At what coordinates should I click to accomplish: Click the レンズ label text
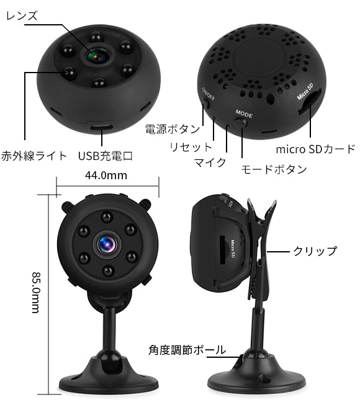point(22,16)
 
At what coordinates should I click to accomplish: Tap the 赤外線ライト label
point(34,156)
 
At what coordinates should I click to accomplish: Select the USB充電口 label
point(106,156)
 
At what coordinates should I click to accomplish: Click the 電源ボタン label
point(173,129)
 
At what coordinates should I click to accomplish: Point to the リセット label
point(191,147)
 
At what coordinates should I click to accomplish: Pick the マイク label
point(210,162)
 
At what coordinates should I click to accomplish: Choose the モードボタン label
point(274,169)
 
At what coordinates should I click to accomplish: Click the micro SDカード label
point(315,149)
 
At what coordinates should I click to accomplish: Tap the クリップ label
point(315,251)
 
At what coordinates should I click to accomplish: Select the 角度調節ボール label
point(187,350)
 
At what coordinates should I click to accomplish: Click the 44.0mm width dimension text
point(106,176)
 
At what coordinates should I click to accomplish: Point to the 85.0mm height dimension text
point(36,292)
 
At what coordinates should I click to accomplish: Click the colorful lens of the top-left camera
point(97,55)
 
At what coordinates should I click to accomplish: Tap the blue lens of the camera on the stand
point(107,244)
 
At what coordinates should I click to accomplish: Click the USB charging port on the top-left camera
point(101,127)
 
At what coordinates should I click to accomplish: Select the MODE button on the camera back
point(241,122)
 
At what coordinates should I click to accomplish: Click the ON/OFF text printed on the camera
point(209,94)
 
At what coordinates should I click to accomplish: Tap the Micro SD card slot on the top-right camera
point(310,100)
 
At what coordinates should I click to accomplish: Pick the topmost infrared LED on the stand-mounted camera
point(107,217)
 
